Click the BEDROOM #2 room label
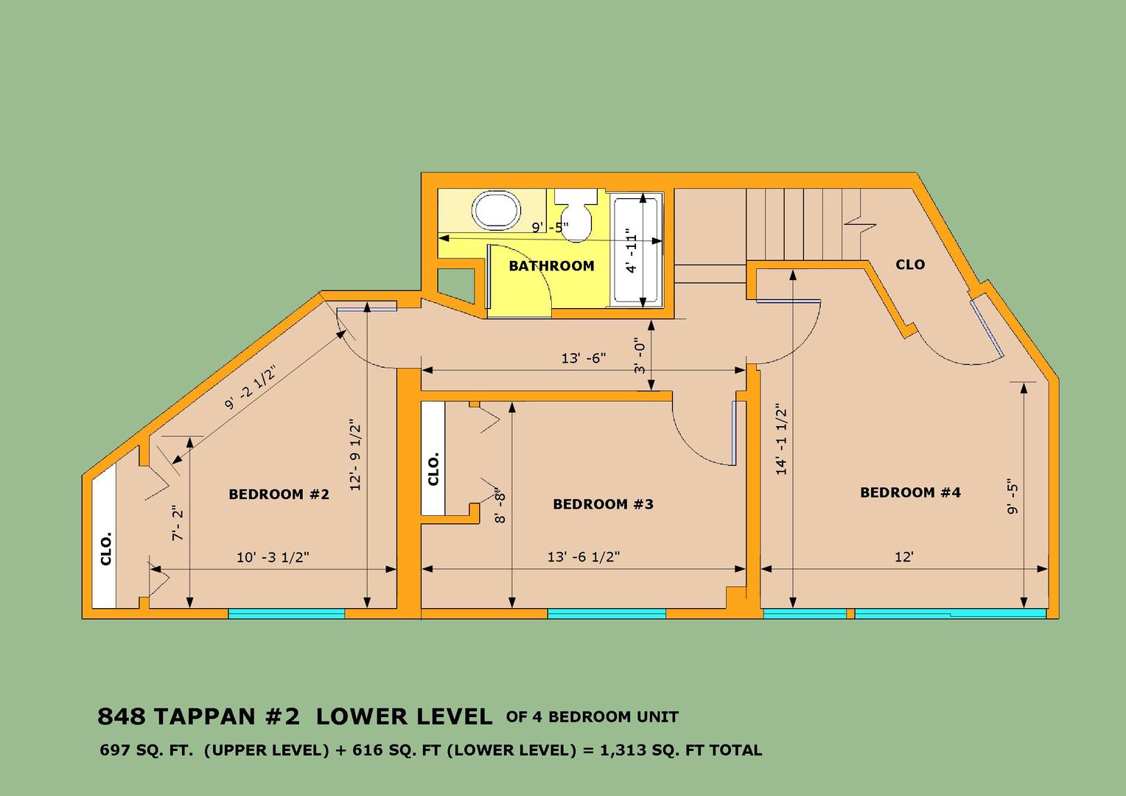pyautogui.click(x=279, y=495)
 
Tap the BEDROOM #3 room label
pyautogui.click(x=604, y=504)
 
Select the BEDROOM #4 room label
pyautogui.click(x=910, y=492)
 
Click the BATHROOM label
pyautogui.click(x=551, y=265)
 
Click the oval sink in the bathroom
pyautogui.click(x=496, y=211)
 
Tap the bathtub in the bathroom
pyautogui.click(x=637, y=251)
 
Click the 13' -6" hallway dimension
pyautogui.click(x=583, y=358)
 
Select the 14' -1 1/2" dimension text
pyautogui.click(x=781, y=439)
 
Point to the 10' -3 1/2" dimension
pyautogui.click(x=273, y=557)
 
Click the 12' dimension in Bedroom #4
pyautogui.click(x=903, y=556)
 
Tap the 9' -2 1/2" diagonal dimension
pyautogui.click(x=251, y=387)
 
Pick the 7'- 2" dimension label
pyautogui.click(x=178, y=523)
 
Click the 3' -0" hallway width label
pyautogui.click(x=640, y=355)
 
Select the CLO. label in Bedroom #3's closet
pyautogui.click(x=433, y=469)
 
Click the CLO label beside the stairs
pyautogui.click(x=910, y=265)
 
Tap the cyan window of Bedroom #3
pyautogui.click(x=606, y=613)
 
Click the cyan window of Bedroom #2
pyautogui.click(x=287, y=613)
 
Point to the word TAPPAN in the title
pyautogui.click(x=205, y=716)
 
